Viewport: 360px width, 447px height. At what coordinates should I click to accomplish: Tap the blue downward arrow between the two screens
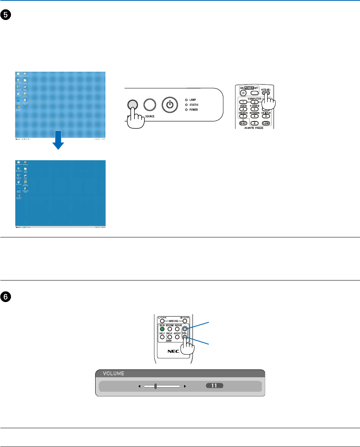[x=58, y=143]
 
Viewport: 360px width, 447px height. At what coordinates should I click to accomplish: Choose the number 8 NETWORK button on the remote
[x=254, y=116]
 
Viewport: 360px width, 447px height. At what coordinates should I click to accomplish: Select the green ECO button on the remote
[x=162, y=329]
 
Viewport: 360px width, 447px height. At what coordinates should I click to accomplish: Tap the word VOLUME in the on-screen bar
[x=114, y=373]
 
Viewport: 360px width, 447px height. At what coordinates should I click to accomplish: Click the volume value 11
[x=214, y=386]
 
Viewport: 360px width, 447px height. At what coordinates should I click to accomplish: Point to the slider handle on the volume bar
[x=156, y=386]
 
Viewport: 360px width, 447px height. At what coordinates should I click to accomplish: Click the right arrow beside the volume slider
[x=185, y=386]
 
